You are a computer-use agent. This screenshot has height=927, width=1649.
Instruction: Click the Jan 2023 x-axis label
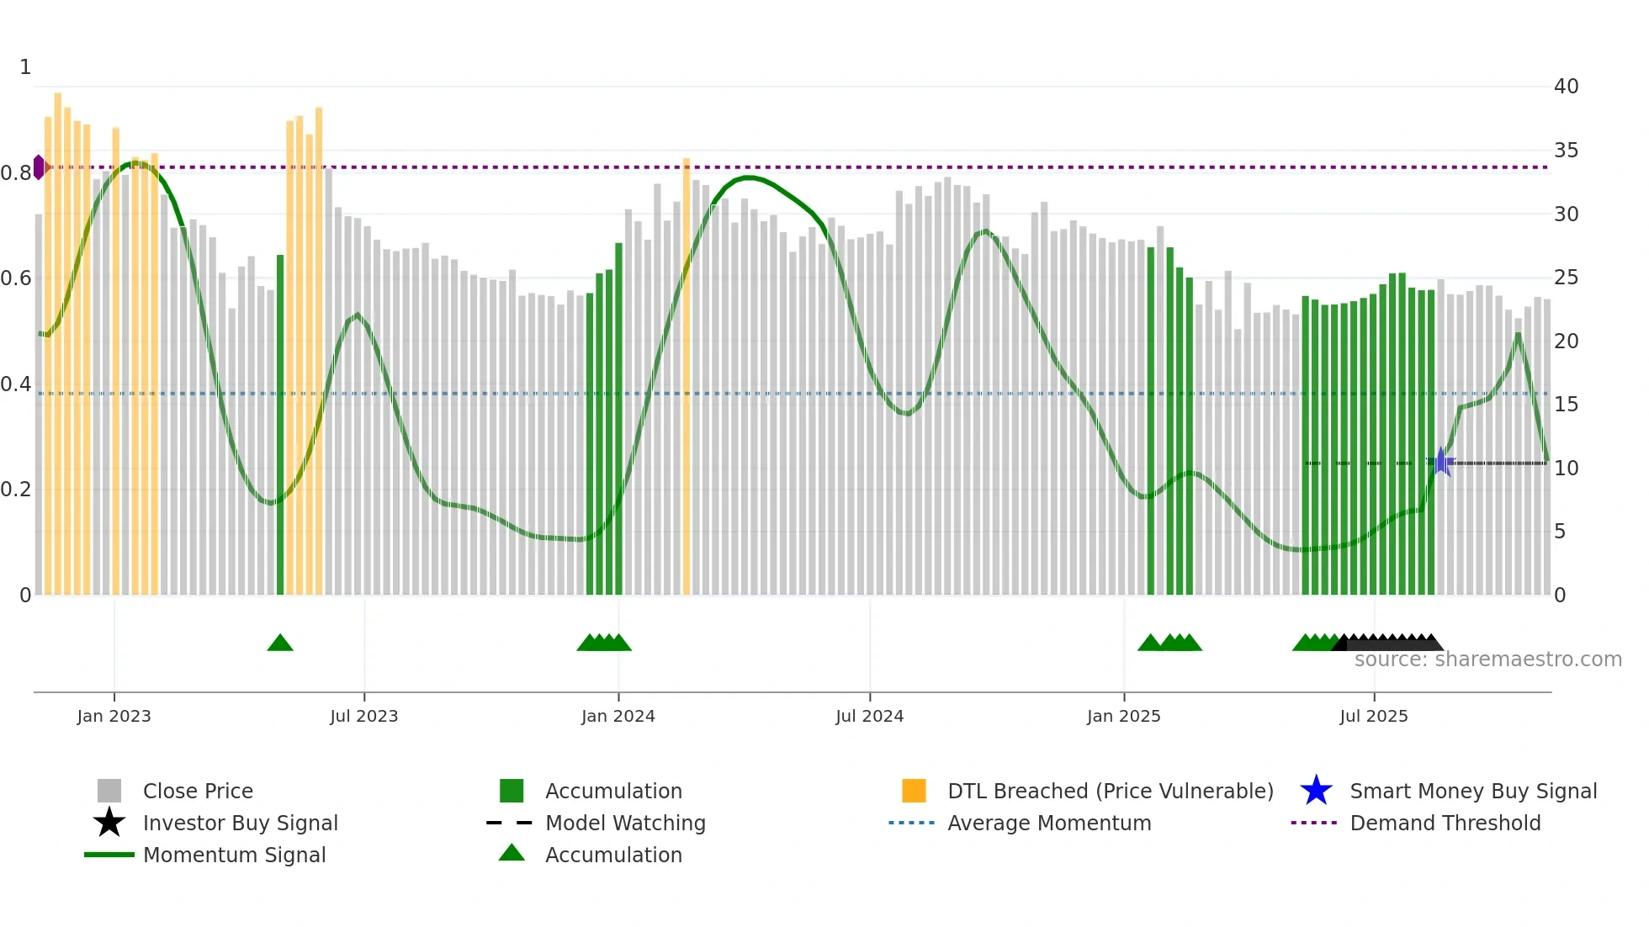(114, 717)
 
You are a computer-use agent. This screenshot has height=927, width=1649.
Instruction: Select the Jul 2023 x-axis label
(363, 717)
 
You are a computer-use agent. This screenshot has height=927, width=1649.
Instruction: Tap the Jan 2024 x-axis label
(618, 717)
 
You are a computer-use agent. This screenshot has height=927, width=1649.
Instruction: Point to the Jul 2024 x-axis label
(869, 717)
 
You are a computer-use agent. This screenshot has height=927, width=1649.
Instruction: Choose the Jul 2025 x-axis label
(1373, 717)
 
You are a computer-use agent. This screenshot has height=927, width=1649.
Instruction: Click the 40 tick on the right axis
(1566, 87)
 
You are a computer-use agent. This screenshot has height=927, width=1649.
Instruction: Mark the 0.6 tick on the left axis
(16, 278)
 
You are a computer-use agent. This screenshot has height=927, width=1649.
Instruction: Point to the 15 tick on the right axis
(1566, 405)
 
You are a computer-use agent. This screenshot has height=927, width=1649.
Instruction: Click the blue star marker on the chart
(1441, 462)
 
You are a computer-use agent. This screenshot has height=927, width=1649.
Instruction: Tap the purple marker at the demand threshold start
(39, 167)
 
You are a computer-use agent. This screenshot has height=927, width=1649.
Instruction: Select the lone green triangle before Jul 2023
(280, 644)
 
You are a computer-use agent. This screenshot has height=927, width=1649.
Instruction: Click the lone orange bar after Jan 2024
(687, 376)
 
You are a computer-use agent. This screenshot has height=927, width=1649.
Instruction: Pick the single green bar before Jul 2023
(280, 425)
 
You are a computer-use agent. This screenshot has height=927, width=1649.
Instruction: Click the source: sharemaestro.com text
(1487, 659)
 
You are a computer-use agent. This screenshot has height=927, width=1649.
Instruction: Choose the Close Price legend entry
(198, 792)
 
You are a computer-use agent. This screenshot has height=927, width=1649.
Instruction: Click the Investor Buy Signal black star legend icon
(109, 823)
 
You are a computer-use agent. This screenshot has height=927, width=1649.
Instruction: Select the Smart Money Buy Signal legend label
(1473, 792)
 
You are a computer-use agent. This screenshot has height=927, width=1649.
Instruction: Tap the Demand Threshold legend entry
(1445, 824)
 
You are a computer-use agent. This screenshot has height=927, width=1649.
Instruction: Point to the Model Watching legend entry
(625, 824)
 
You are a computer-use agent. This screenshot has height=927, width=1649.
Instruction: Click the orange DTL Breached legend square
(914, 791)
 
